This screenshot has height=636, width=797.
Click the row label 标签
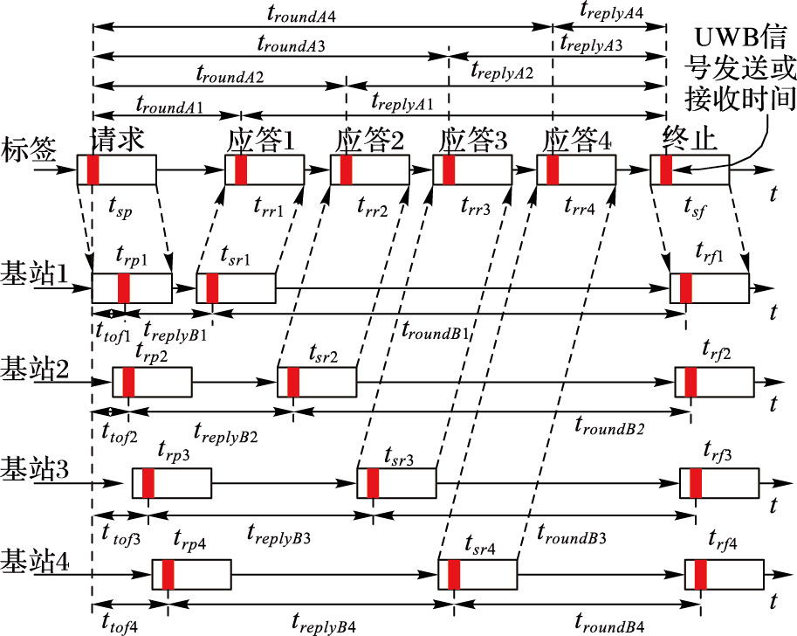click(28, 151)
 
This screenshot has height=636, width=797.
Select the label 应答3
click(473, 141)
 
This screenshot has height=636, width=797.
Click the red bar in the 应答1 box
click(241, 169)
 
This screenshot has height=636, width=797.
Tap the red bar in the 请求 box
click(93, 169)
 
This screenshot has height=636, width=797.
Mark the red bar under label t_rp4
click(168, 576)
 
